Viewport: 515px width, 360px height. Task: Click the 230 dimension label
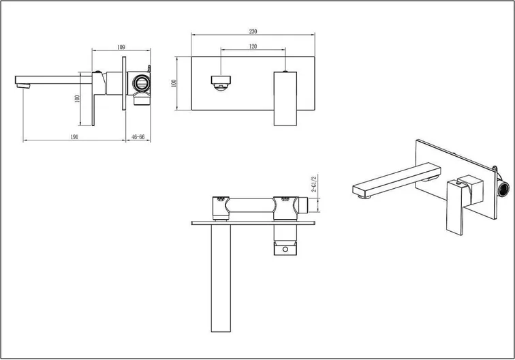(253, 31)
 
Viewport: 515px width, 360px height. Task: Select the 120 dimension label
(253, 46)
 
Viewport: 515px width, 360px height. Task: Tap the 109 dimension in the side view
(121, 47)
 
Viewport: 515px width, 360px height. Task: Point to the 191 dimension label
(74, 137)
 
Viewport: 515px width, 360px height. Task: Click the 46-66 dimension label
(138, 137)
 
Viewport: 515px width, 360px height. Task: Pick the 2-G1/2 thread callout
(313, 184)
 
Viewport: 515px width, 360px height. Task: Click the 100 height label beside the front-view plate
(174, 83)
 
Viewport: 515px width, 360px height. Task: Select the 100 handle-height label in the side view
(77, 99)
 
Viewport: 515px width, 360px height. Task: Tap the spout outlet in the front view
(221, 82)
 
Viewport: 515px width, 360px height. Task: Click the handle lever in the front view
(285, 99)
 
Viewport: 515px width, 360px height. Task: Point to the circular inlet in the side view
(142, 82)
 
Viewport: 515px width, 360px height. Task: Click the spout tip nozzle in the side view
(23, 86)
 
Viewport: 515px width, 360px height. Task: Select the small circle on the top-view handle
(285, 250)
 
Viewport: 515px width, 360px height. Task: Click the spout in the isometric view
(396, 180)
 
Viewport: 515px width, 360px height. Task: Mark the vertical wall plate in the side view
(124, 83)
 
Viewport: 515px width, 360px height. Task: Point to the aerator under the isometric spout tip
(364, 196)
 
